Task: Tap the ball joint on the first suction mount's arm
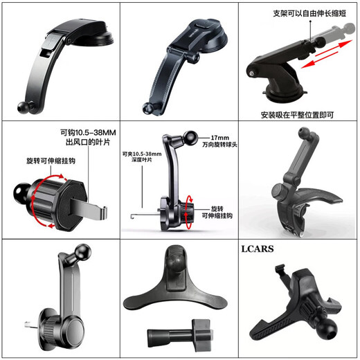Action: (x=24, y=108)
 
